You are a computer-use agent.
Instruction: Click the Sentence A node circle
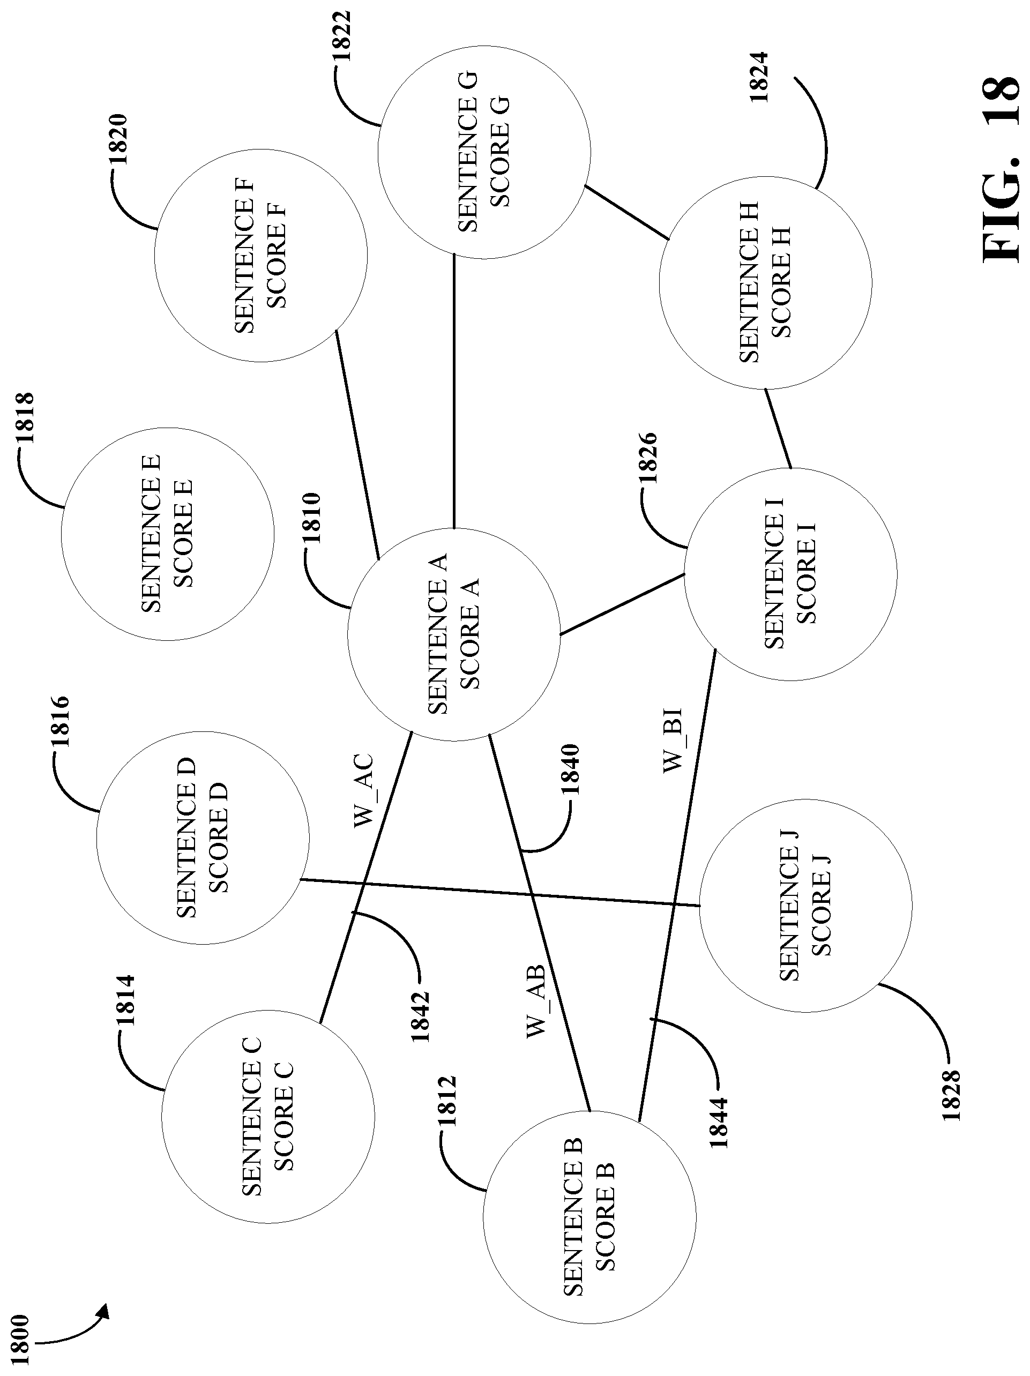pyautogui.click(x=453, y=634)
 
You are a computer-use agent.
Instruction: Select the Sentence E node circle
pyautogui.click(x=167, y=534)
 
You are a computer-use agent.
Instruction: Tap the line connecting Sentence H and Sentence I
pyautogui.click(x=778, y=428)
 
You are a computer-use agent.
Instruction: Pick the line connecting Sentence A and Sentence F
pyautogui.click(x=357, y=443)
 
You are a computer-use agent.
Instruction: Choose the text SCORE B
pyautogui.click(x=604, y=1216)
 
